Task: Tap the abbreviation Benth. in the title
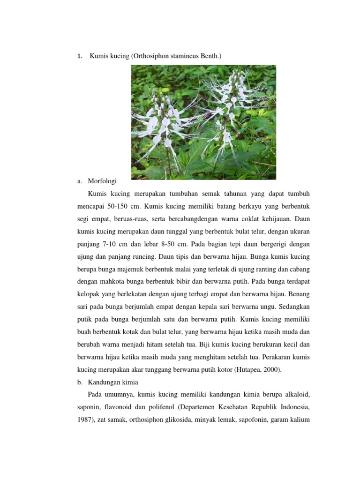pyautogui.click(x=210, y=56)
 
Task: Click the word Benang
pyautogui.click(x=297, y=295)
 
